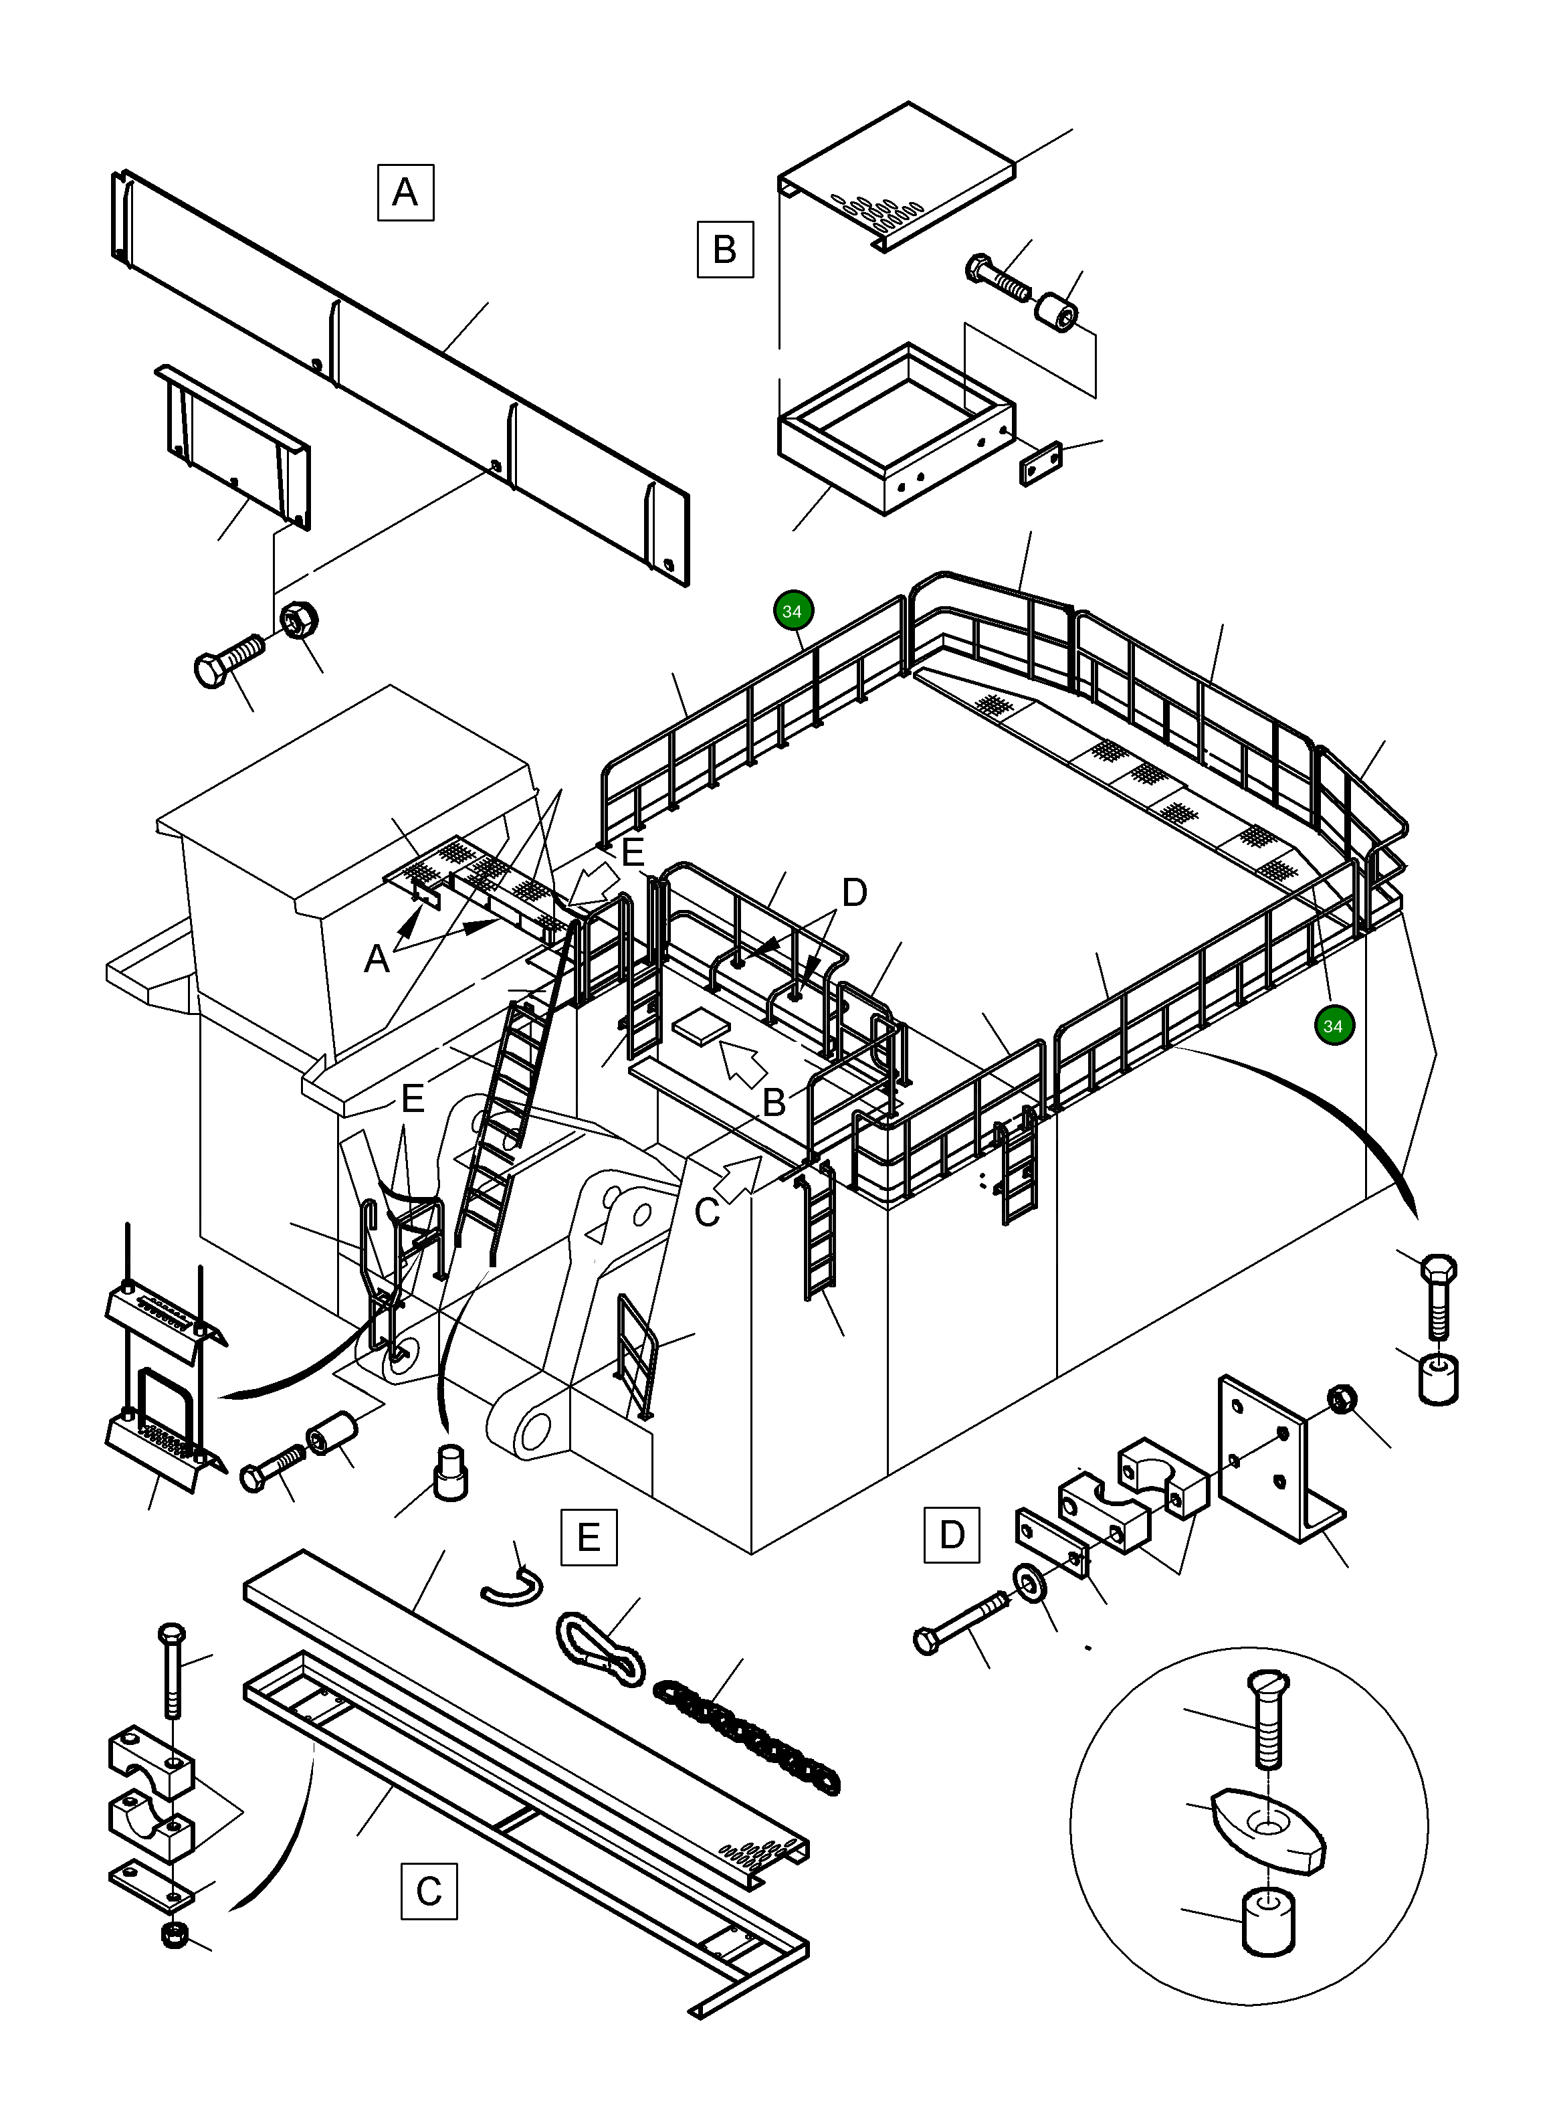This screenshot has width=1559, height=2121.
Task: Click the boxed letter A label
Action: (406, 193)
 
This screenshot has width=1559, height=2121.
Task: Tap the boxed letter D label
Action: (951, 1535)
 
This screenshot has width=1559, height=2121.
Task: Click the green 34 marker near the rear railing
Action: (793, 611)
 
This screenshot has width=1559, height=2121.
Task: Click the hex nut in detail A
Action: (300, 619)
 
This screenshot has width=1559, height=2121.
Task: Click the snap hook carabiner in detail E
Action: (600, 1647)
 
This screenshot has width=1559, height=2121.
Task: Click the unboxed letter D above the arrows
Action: (853, 892)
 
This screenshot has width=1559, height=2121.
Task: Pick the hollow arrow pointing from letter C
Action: (741, 1175)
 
